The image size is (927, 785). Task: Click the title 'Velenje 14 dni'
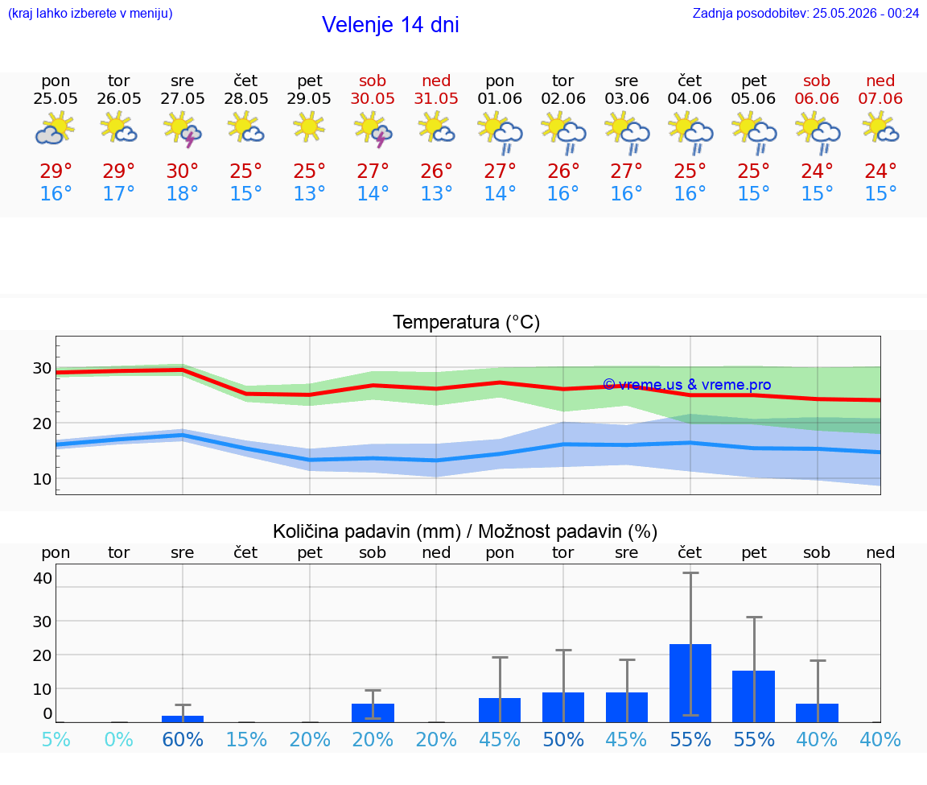tap(390, 25)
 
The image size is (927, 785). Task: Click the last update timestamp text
tap(805, 13)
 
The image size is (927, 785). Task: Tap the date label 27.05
tap(183, 98)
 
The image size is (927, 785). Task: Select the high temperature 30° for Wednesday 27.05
tap(182, 171)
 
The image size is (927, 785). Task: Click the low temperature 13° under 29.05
tap(309, 193)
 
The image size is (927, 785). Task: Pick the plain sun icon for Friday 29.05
tap(309, 127)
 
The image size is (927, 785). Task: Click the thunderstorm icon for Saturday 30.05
tap(373, 130)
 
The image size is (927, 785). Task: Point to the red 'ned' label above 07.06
tap(880, 81)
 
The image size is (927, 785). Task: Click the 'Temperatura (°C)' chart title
tap(467, 322)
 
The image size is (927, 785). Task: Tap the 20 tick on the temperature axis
tap(42, 423)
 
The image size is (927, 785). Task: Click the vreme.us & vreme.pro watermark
tap(687, 385)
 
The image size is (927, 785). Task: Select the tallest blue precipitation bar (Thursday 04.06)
tap(690, 684)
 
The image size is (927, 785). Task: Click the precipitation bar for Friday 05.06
tap(754, 696)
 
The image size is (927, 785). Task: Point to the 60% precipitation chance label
tap(183, 739)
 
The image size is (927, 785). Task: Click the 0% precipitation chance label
tap(119, 739)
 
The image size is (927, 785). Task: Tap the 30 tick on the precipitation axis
tap(42, 621)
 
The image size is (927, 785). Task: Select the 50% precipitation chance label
tap(563, 739)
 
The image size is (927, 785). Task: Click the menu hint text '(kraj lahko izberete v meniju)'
tap(90, 13)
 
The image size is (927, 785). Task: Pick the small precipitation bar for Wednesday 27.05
tap(183, 719)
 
